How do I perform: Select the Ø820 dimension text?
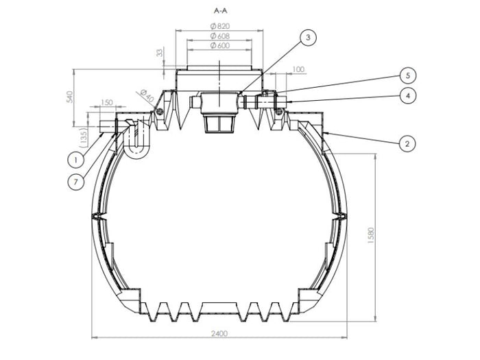coord(219,26)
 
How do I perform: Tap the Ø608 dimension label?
coord(219,36)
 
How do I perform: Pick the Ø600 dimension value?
coord(219,45)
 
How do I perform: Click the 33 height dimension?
coord(160,53)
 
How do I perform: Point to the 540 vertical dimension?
coord(69,97)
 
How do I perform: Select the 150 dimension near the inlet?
coord(107,103)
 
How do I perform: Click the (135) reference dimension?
coord(84,136)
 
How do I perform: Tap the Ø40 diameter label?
coord(145,95)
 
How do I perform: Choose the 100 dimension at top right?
coord(298,69)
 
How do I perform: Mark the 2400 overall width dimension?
coord(220,333)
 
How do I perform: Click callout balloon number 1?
coord(76,159)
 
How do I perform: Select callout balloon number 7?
coord(76,182)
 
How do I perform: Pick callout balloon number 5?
coord(407,75)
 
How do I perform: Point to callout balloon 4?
coord(407,96)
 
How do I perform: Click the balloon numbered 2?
coord(407,143)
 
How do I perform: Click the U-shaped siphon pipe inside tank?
coord(137,141)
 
